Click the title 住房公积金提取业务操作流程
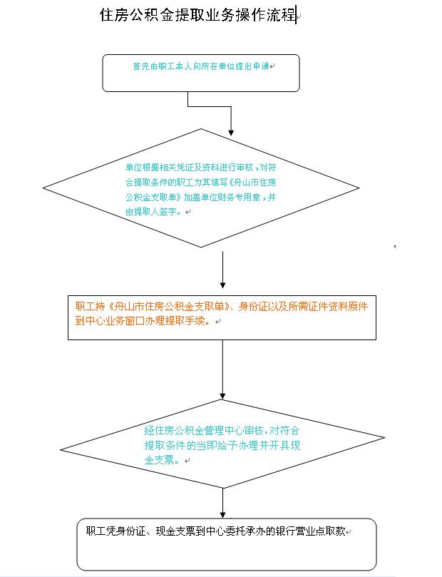(197, 16)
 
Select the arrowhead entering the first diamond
(231, 131)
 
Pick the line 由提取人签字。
(154, 212)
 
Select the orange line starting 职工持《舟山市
(222, 307)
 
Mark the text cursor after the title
(296, 15)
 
